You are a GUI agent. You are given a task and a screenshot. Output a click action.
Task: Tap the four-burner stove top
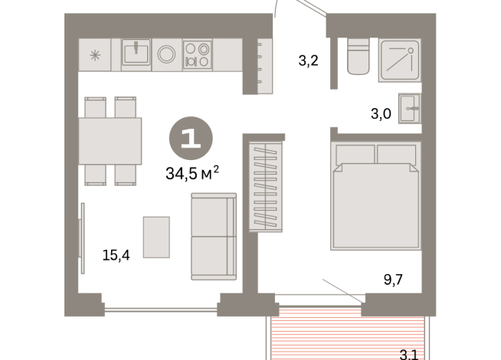point(197,55)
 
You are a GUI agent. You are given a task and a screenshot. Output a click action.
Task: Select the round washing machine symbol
point(167,55)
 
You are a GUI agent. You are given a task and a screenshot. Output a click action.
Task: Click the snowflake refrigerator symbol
point(96,55)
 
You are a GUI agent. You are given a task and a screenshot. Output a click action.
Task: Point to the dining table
point(110,141)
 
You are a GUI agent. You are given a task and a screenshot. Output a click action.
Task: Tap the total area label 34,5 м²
point(192,172)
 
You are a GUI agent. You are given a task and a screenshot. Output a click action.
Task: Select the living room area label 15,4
point(116,254)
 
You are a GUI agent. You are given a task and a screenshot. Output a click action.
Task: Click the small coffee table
point(156,237)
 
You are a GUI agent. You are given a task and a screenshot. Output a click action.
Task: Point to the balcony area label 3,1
point(410,354)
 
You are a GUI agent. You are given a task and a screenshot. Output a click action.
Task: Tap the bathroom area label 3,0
point(381,114)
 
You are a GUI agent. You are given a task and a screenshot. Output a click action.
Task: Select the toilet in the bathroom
point(359,57)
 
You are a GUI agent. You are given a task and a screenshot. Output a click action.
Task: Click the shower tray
point(399,57)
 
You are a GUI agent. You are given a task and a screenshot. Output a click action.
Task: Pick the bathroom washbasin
point(410,108)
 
